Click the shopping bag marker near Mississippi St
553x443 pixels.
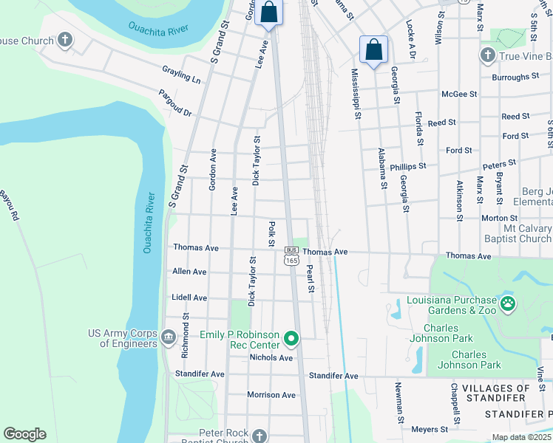(374, 50)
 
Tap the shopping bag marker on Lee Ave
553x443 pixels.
(269, 13)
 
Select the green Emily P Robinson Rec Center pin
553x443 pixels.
(292, 340)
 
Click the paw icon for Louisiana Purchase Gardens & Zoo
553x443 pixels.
(508, 303)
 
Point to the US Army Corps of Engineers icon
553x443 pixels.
(168, 338)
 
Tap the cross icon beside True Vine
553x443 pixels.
(487, 55)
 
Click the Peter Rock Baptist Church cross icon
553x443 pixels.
(259, 436)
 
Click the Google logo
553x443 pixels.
(24, 434)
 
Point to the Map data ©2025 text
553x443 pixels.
(521, 437)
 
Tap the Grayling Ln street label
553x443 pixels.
(181, 74)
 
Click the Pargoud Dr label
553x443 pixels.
(175, 103)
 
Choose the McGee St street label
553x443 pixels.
(459, 95)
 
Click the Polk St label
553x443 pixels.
(272, 233)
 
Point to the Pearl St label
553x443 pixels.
(311, 279)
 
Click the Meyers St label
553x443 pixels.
(430, 429)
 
